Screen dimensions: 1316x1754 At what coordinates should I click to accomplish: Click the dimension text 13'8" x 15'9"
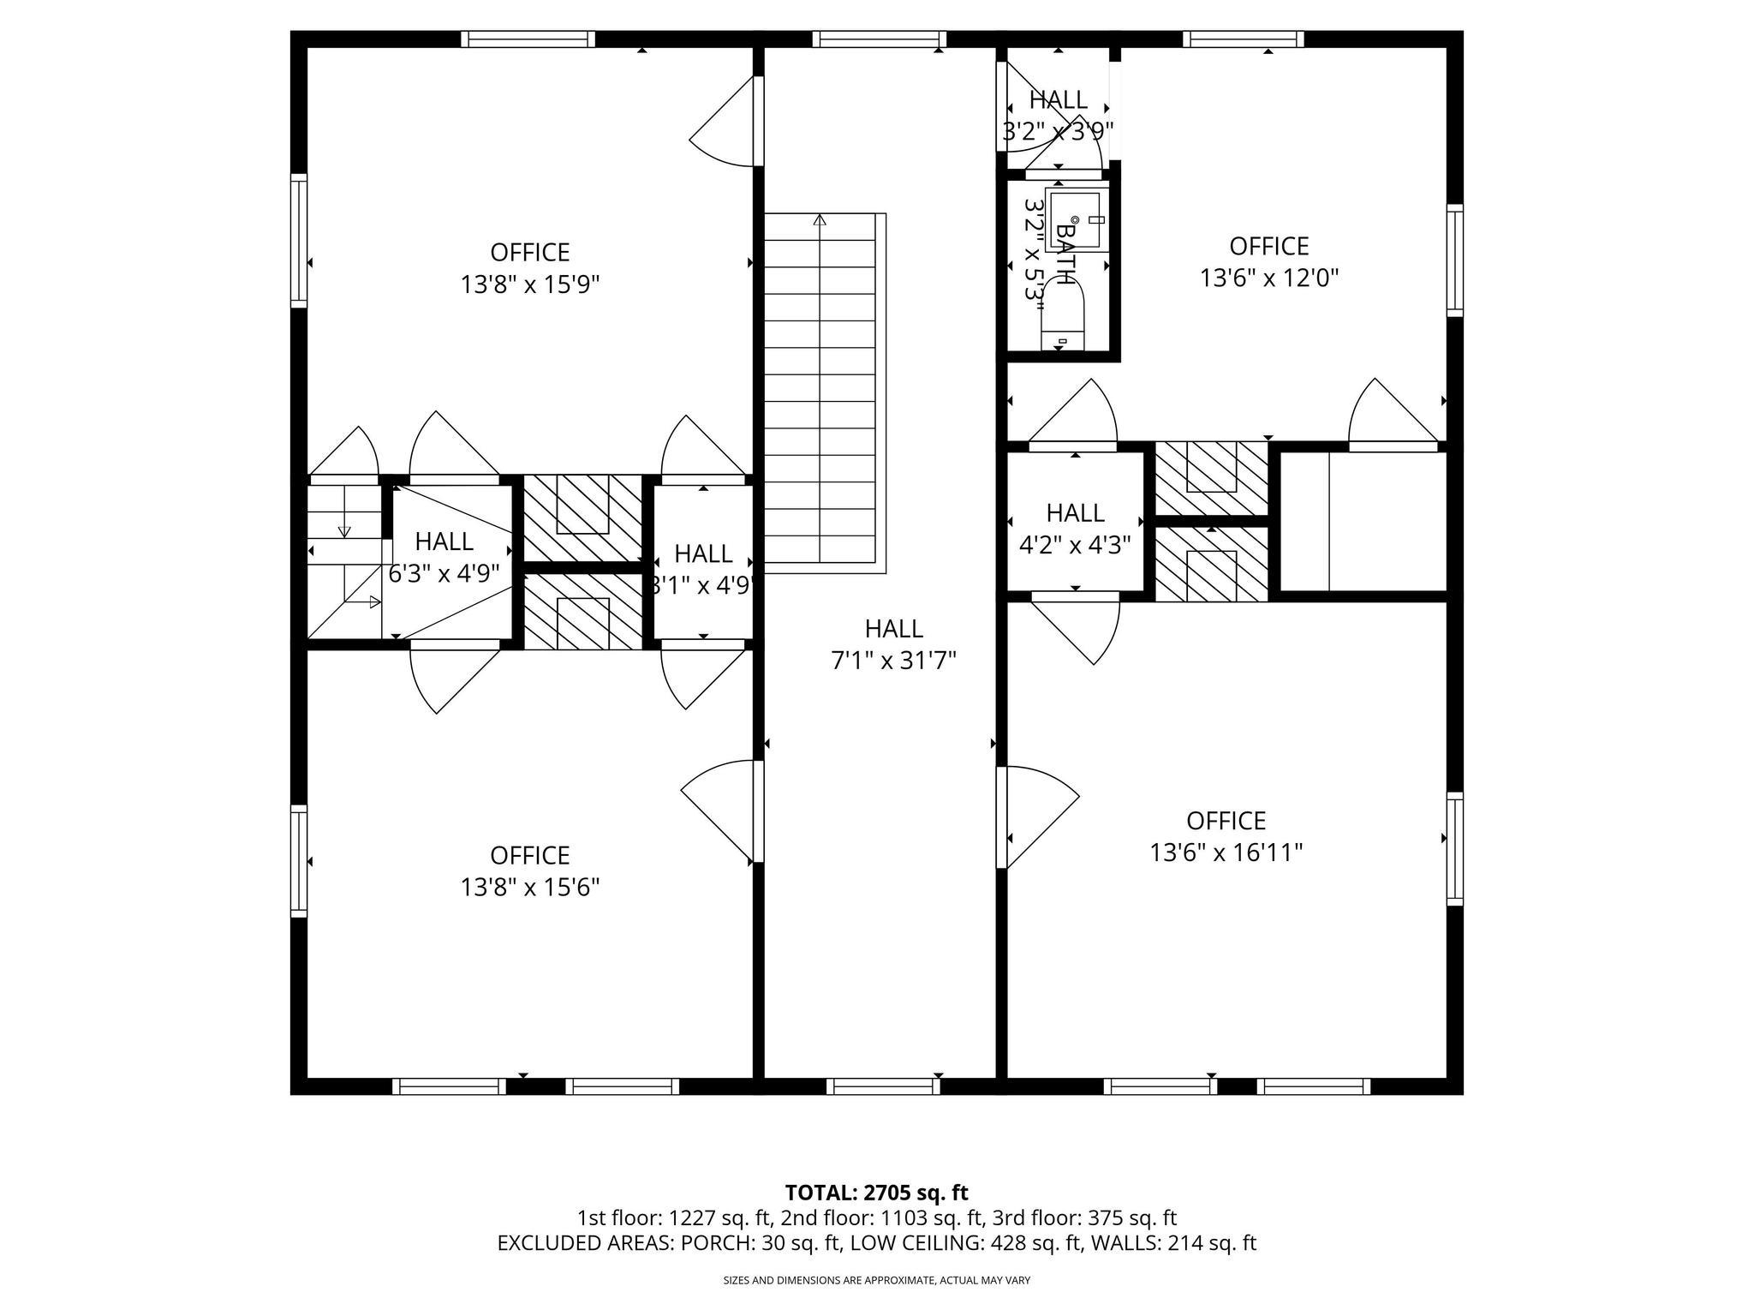click(x=529, y=284)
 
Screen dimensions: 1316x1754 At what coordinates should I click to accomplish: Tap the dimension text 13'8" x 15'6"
click(x=529, y=888)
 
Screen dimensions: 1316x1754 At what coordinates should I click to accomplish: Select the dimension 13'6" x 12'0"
click(x=1268, y=278)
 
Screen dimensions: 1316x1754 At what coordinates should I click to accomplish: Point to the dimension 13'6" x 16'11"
click(x=1226, y=853)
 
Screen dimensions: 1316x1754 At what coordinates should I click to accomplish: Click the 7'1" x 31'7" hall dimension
click(x=893, y=661)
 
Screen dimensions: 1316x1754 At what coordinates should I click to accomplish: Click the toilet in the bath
click(x=1062, y=321)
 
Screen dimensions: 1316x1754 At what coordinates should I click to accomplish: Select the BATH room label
click(x=1065, y=254)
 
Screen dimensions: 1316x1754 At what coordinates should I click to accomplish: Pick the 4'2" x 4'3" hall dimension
click(x=1075, y=545)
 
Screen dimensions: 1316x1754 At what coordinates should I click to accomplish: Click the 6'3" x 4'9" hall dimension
click(x=444, y=573)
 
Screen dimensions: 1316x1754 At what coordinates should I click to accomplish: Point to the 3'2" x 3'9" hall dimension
click(x=1058, y=132)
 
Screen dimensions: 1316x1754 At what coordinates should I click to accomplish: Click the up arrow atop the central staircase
click(x=820, y=221)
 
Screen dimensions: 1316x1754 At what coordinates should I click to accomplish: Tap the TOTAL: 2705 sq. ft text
click(x=876, y=1193)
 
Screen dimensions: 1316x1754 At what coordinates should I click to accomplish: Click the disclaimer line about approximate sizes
click(x=876, y=1281)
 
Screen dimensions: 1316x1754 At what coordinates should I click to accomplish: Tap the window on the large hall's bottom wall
click(x=883, y=1086)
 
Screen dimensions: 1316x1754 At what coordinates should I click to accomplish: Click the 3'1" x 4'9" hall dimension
click(x=702, y=586)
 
